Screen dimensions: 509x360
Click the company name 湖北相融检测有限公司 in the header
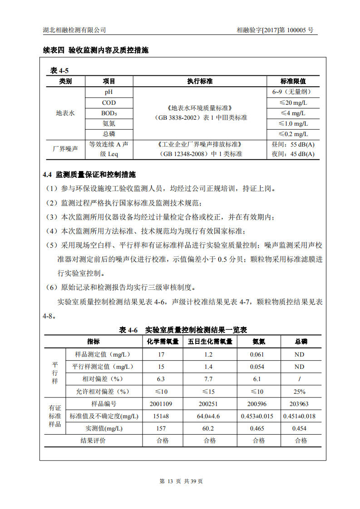(x=74, y=30)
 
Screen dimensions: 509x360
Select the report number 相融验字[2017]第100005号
(x=275, y=30)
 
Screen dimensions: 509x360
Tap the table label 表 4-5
(x=59, y=70)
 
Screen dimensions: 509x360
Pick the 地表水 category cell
(x=65, y=113)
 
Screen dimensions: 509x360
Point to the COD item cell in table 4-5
(x=109, y=103)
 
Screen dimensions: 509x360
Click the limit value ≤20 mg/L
(x=293, y=103)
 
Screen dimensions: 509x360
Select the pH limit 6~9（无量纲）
(x=293, y=92)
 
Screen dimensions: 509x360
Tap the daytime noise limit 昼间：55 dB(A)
(x=293, y=144)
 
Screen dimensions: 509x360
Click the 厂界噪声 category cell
(x=65, y=149)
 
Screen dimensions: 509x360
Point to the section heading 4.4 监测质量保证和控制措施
(x=89, y=175)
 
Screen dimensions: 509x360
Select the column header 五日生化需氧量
(x=210, y=342)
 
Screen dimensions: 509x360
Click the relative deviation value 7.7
(x=208, y=379)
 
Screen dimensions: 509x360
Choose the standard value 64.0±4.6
(x=208, y=416)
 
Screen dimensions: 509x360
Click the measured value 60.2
(x=208, y=428)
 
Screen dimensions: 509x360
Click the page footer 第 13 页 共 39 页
(x=181, y=481)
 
